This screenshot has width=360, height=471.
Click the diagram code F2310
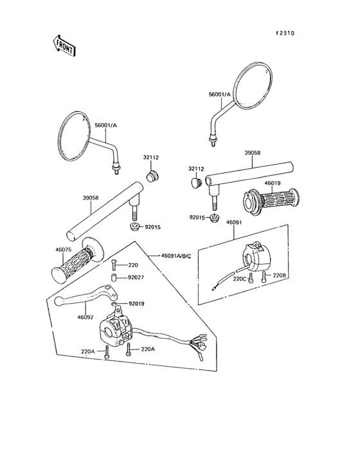pyautogui.click(x=285, y=33)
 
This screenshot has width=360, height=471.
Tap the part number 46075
pyautogui.click(x=63, y=249)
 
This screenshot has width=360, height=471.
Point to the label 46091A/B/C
pyautogui.click(x=176, y=255)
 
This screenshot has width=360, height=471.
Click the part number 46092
pyautogui.click(x=85, y=317)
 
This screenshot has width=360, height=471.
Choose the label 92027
pyautogui.click(x=136, y=277)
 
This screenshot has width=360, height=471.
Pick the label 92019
pyautogui.click(x=136, y=304)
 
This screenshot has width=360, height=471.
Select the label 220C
pyautogui.click(x=239, y=279)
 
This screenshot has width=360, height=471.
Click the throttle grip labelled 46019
pyautogui.click(x=271, y=201)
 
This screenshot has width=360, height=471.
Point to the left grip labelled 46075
pyautogui.click(x=78, y=259)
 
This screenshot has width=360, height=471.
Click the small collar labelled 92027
pyautogui.click(x=114, y=278)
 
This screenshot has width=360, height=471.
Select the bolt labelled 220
pyautogui.click(x=114, y=265)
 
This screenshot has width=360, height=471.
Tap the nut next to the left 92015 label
pyautogui.click(x=134, y=226)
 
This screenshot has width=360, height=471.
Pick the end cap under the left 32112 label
pyautogui.click(x=153, y=176)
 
